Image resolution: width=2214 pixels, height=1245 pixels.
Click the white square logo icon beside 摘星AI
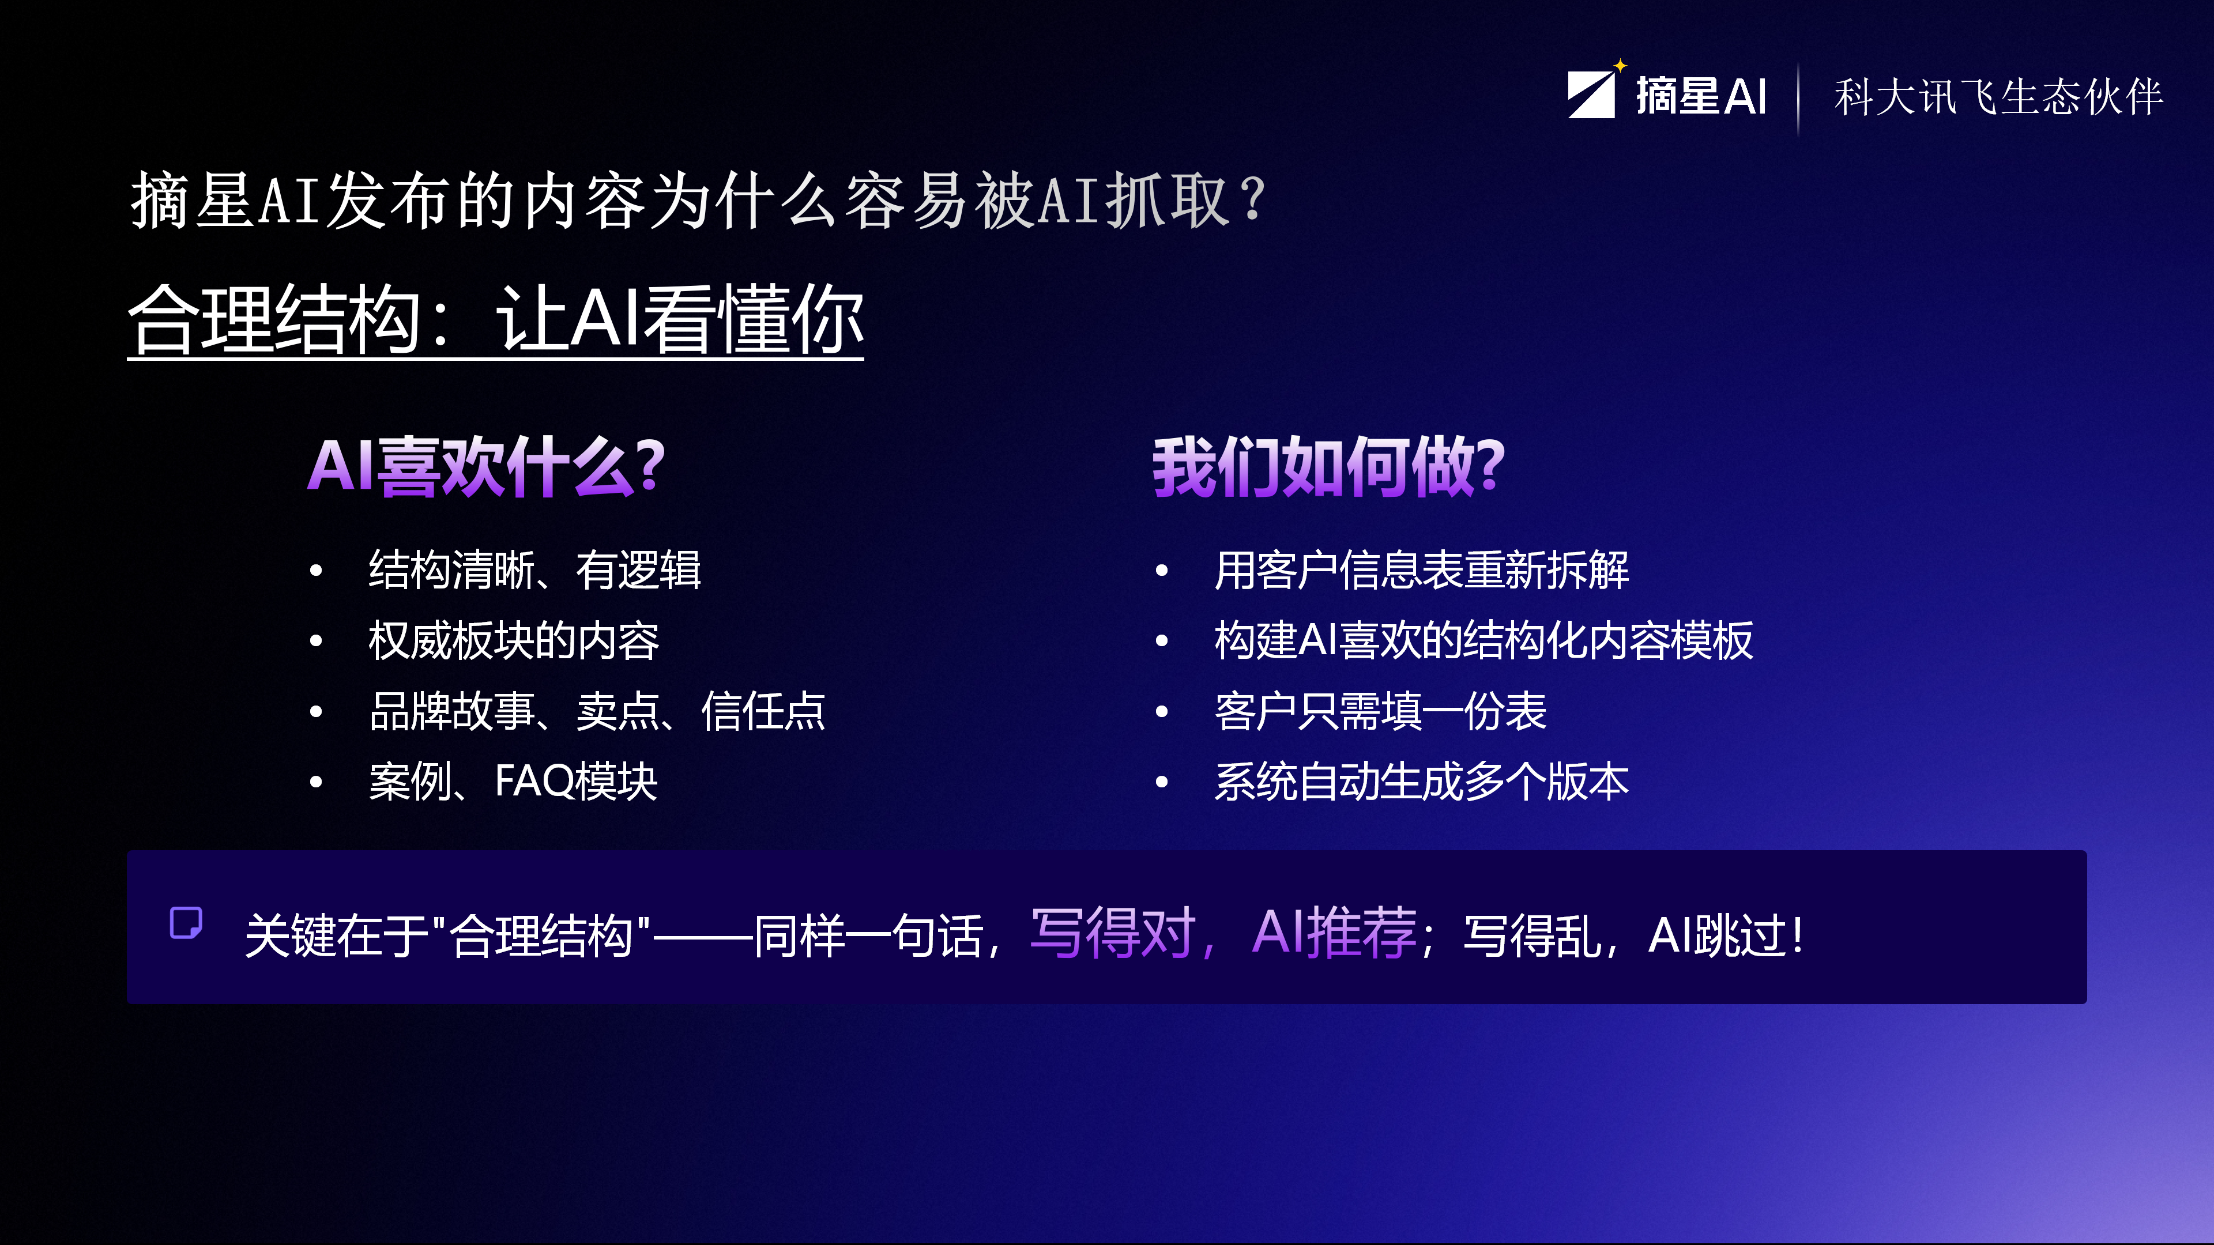(1591, 95)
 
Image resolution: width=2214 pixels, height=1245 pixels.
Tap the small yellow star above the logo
(1620, 65)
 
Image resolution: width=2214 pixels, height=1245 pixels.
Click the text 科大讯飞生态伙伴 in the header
(1998, 96)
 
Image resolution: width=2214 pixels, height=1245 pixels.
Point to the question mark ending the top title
(1253, 199)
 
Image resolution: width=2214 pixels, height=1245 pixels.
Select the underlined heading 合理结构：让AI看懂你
(495, 320)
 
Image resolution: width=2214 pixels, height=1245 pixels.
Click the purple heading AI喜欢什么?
(487, 466)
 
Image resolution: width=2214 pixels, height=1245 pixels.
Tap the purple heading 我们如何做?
(1329, 466)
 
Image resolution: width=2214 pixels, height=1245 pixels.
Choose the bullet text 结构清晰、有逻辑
(534, 569)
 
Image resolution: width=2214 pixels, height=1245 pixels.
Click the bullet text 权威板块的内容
(513, 641)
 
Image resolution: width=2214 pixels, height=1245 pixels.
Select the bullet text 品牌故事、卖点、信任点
(597, 711)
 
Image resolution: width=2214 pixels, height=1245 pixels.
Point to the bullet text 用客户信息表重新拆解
(1422, 569)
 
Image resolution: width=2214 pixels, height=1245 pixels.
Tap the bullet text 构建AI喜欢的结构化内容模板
(1483, 641)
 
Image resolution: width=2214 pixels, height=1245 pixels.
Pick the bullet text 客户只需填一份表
(1380, 711)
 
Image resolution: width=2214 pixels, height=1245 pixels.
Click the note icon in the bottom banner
(186, 923)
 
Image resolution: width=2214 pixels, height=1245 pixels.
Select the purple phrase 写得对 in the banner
(1112, 933)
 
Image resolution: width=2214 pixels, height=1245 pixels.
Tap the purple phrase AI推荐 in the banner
(1334, 933)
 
